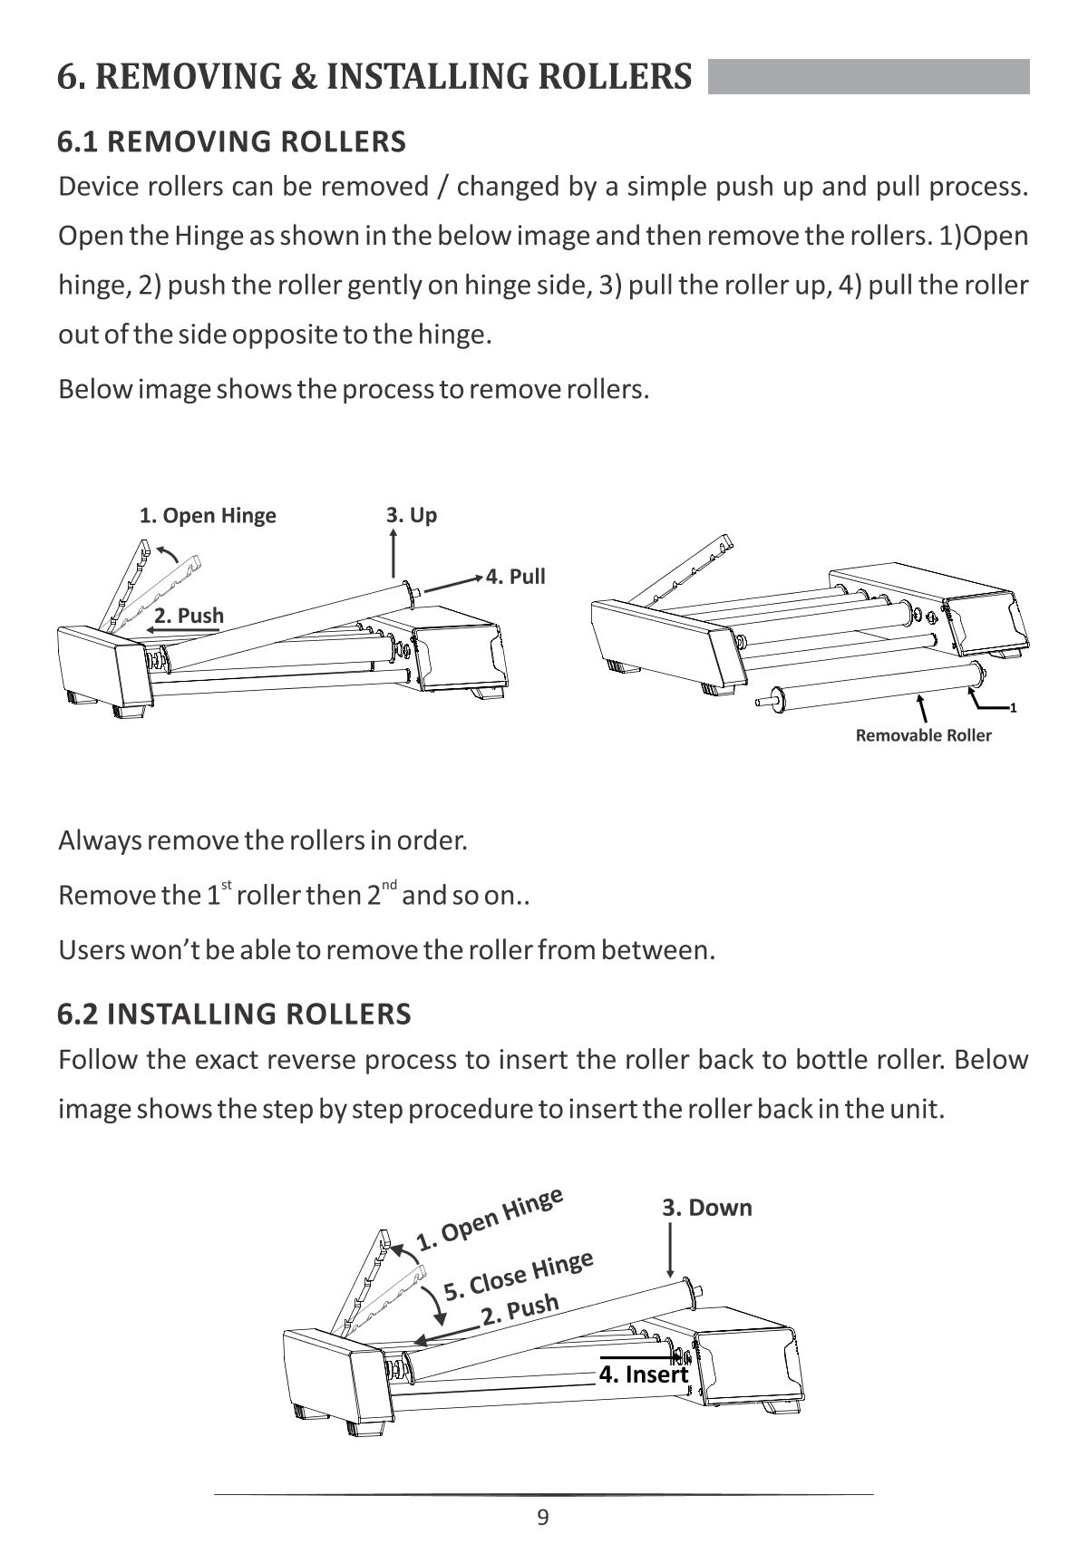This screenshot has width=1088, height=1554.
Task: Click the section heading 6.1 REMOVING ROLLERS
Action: coord(231,142)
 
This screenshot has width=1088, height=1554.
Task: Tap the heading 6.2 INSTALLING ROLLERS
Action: coord(234,1014)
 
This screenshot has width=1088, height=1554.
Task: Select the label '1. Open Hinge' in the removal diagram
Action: coord(208,516)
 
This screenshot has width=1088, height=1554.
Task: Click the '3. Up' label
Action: coord(412,515)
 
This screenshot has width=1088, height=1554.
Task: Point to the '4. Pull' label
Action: coord(516,577)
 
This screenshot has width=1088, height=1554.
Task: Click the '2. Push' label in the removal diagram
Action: coord(189,615)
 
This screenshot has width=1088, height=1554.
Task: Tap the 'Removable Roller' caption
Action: coord(923,735)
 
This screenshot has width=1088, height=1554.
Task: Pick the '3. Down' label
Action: coord(707,1208)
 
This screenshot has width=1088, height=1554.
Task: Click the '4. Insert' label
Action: coord(644,1374)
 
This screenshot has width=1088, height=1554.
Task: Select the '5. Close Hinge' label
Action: coord(519,1275)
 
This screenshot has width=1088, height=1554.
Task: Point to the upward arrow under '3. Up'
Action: coord(393,552)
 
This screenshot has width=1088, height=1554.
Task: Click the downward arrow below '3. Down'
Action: coord(670,1249)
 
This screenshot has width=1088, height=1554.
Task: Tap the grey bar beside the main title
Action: coord(869,77)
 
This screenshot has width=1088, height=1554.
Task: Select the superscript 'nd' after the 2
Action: coord(389,885)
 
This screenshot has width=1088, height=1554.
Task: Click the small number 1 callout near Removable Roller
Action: coord(1014,708)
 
